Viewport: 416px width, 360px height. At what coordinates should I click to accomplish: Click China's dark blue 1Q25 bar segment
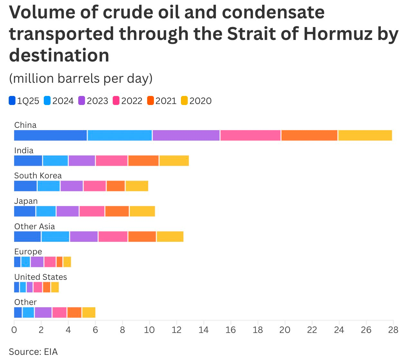click(51, 136)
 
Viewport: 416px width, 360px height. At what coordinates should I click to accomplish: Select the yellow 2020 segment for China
click(365, 136)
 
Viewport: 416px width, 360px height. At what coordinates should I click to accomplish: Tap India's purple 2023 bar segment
click(82, 161)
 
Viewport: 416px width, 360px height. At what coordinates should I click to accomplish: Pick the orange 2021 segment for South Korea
click(116, 186)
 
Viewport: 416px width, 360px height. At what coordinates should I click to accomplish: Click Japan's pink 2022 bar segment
click(92, 211)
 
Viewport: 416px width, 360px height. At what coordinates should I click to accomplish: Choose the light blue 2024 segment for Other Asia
click(55, 237)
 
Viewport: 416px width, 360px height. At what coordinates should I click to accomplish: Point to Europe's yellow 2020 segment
click(67, 262)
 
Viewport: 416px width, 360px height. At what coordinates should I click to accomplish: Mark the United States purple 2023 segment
click(30, 287)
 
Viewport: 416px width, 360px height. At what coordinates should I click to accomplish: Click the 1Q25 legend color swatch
click(12, 101)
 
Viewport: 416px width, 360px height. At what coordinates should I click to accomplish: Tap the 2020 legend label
click(200, 101)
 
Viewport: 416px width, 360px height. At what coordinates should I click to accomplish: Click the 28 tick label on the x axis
click(393, 330)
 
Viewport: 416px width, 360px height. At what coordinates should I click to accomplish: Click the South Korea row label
click(38, 175)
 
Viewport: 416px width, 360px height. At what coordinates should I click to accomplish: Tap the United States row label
click(41, 277)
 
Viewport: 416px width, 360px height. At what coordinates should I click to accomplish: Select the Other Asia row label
click(34, 226)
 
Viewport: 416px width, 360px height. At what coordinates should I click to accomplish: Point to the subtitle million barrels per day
click(81, 78)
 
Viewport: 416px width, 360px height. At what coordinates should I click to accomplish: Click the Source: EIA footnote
click(33, 352)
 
